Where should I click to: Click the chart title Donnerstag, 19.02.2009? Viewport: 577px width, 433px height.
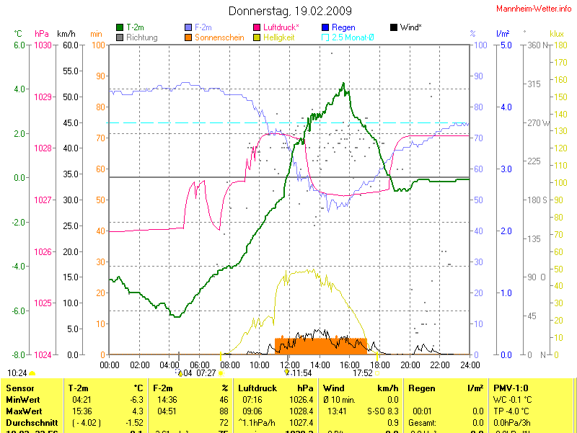[290, 11]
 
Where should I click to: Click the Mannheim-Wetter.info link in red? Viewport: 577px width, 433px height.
[534, 9]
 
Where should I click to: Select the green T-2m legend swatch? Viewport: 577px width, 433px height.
[120, 27]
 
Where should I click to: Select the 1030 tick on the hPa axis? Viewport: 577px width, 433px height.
[43, 45]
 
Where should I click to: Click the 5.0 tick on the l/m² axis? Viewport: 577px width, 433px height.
[506, 45]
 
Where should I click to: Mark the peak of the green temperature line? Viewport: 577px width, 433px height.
[343, 84]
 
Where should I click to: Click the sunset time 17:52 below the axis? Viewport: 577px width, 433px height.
[363, 372]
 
